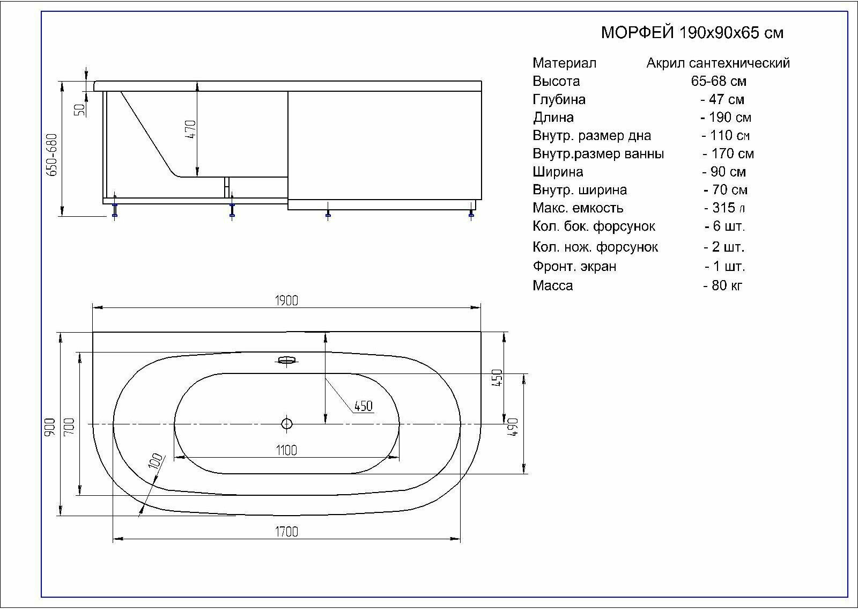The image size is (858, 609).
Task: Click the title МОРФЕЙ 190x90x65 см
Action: pyautogui.click(x=692, y=33)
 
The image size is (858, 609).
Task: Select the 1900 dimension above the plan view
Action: pyautogui.click(x=286, y=300)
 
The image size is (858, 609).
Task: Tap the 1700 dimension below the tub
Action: pyautogui.click(x=286, y=532)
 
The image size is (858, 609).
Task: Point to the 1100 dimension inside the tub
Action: pyautogui.click(x=286, y=450)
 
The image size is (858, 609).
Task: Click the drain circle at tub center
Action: pyautogui.click(x=286, y=424)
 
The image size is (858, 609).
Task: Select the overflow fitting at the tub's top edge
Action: pyautogui.click(x=287, y=360)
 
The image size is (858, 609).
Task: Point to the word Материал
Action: pyautogui.click(x=564, y=63)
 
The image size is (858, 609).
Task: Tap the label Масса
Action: pyautogui.click(x=552, y=285)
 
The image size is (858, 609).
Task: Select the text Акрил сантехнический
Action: pyautogui.click(x=718, y=63)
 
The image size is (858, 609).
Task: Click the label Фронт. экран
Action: pyautogui.click(x=574, y=266)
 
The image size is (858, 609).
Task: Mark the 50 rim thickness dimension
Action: pyautogui.click(x=80, y=109)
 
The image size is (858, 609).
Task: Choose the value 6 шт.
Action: pyautogui.click(x=725, y=226)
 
